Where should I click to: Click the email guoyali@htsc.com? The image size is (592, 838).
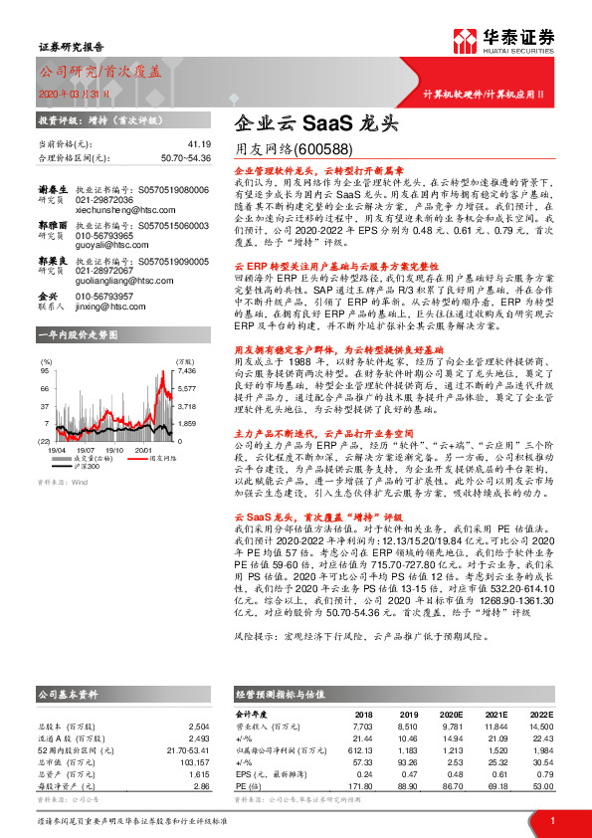[x=108, y=244]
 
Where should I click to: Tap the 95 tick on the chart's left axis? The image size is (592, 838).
[x=45, y=369]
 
